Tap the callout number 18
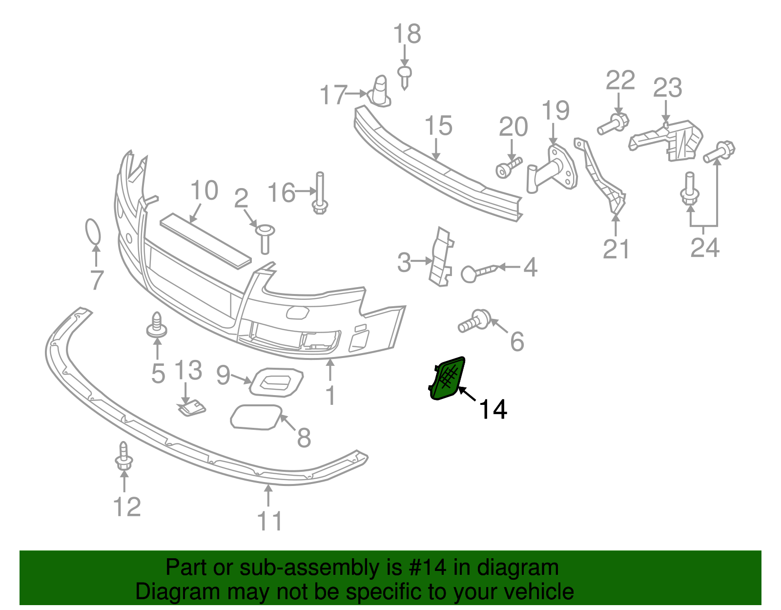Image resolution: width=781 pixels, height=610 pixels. pyautogui.click(x=407, y=34)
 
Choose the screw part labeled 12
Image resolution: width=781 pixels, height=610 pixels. pyautogui.click(x=123, y=457)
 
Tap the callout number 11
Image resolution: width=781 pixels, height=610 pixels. pyautogui.click(x=269, y=521)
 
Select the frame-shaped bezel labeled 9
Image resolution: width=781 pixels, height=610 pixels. pyautogui.click(x=276, y=382)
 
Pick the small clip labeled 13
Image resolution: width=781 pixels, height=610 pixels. pyautogui.click(x=191, y=407)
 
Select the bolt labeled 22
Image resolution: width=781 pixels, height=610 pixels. pyautogui.click(x=613, y=124)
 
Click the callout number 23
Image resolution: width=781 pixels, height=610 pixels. pyautogui.click(x=667, y=88)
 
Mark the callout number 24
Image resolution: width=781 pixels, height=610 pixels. pyautogui.click(x=705, y=248)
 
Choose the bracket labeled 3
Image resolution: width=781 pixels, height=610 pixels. pyautogui.click(x=441, y=257)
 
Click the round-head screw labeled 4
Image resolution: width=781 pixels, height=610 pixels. pyautogui.click(x=477, y=272)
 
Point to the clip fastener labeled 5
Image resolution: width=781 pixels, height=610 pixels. pyautogui.click(x=157, y=325)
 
